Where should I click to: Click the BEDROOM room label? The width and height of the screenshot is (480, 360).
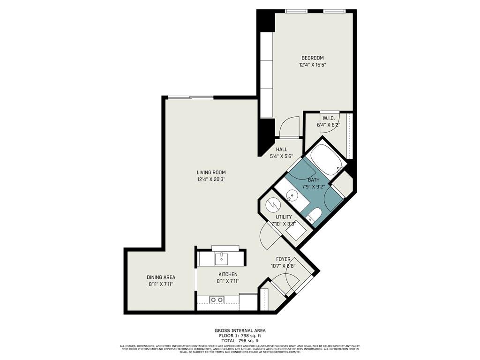click(x=312, y=58)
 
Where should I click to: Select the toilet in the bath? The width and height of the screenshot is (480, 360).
click(x=314, y=216)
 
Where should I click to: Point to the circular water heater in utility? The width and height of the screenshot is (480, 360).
click(x=272, y=205)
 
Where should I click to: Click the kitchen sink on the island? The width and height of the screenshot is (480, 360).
click(x=220, y=258)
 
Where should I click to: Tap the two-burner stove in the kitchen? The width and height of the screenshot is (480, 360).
click(x=216, y=300)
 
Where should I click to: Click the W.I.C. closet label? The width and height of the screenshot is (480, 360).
click(x=327, y=118)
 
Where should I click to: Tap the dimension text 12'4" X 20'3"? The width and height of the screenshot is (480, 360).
click(x=214, y=179)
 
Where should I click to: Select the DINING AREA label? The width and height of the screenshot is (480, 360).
click(x=161, y=277)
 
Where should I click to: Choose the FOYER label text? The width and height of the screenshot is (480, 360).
click(x=283, y=259)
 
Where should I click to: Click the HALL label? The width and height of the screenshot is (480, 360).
click(x=281, y=150)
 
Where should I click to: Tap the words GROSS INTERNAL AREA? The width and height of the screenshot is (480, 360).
click(x=240, y=330)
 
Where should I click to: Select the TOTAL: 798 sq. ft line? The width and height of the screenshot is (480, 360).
click(x=240, y=341)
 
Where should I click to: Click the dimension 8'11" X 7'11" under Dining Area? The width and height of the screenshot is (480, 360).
click(x=161, y=284)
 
